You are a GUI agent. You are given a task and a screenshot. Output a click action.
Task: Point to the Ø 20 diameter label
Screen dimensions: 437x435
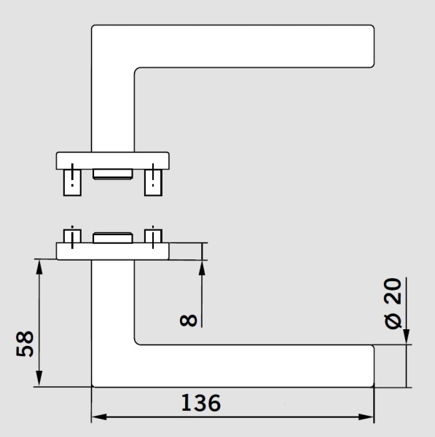point(393,302)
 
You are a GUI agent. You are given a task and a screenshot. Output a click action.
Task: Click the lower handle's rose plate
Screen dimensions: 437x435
point(113,251)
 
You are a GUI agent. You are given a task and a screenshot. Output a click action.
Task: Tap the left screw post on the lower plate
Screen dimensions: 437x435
point(72,235)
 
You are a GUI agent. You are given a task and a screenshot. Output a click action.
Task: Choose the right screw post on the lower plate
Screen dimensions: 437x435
point(153,235)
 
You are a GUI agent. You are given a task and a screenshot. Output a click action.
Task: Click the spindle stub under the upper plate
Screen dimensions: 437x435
point(113,173)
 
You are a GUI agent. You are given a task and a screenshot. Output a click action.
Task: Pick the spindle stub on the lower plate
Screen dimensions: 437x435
point(113,237)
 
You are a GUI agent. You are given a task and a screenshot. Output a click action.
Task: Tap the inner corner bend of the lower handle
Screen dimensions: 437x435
point(138,340)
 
